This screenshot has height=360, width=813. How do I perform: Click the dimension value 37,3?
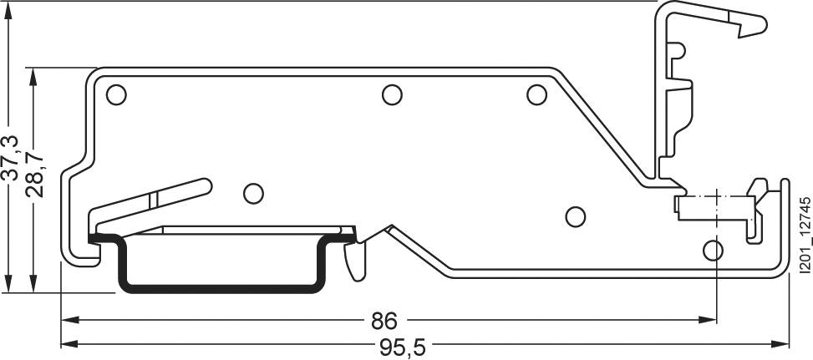pyautogui.click(x=9, y=157)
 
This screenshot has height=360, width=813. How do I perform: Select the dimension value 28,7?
pyautogui.click(x=34, y=174)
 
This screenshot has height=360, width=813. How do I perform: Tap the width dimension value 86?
pyautogui.click(x=384, y=321)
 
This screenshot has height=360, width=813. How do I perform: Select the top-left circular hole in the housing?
pyautogui.click(x=116, y=95)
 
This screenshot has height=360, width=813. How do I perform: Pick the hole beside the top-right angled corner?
pyautogui.click(x=536, y=95)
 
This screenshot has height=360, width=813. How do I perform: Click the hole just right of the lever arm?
pyautogui.click(x=252, y=193)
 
